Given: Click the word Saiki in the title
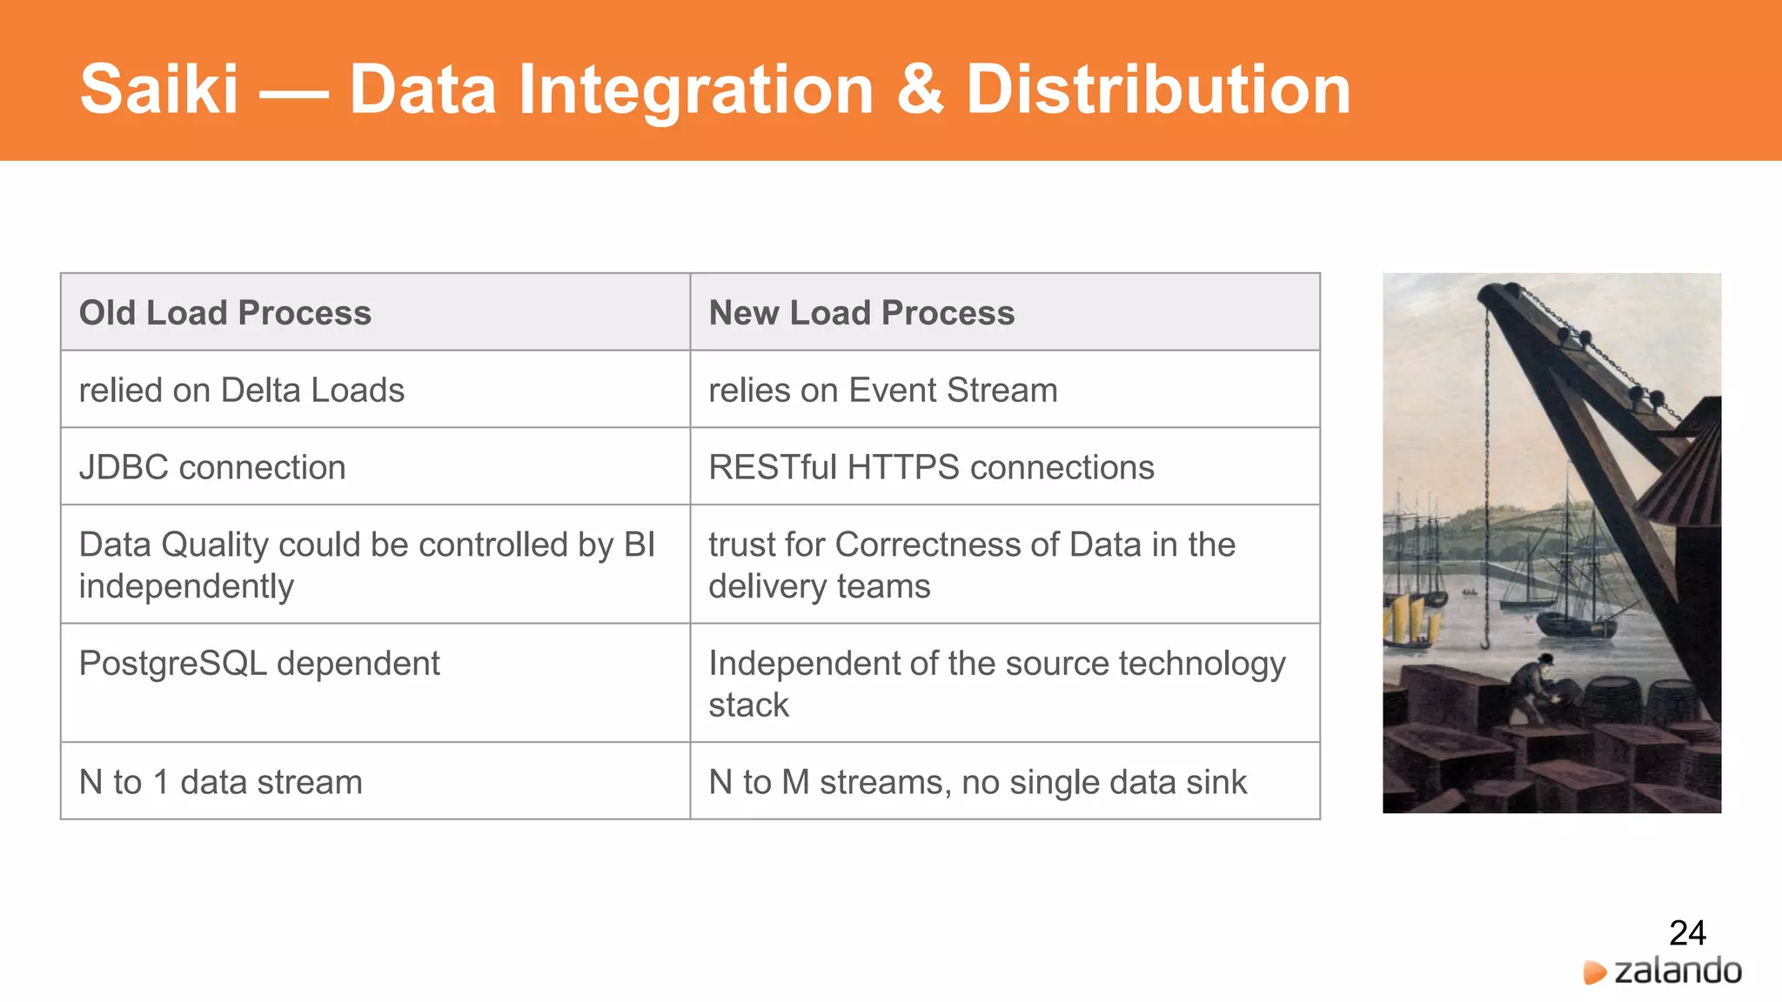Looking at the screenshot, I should pos(158,90).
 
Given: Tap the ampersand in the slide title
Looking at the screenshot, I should pos(920,90).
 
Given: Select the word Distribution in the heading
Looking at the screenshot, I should pos(1158,90).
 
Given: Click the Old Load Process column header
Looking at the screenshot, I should pos(224,313).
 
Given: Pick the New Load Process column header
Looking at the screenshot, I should pos(861,313).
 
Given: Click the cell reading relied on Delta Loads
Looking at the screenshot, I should pos(241,391).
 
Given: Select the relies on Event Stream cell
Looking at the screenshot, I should pos(882,391).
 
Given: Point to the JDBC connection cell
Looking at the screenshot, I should pos(212,468).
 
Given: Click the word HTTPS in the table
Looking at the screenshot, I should pos(902,468).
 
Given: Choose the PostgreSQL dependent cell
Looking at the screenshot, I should pos(259,664).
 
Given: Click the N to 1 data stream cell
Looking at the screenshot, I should pos(220,782).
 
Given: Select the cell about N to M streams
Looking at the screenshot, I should pos(977,782).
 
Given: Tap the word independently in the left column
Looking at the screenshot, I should pos(186,587).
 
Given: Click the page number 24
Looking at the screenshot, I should pos(1687,933).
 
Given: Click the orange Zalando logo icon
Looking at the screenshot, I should pos(1594,972).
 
